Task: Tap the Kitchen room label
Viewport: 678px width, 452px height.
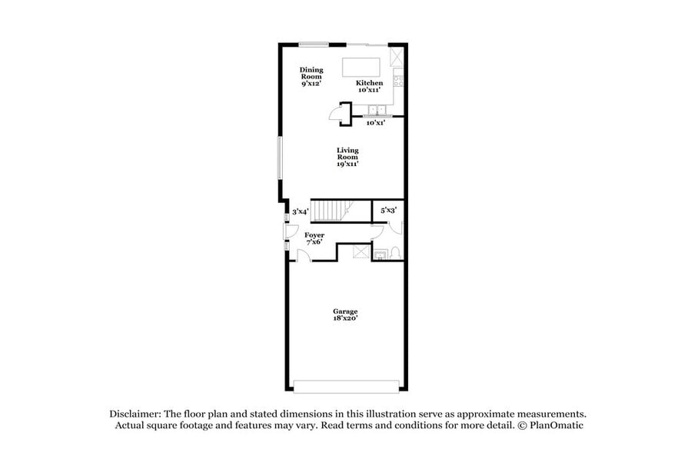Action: [x=369, y=83]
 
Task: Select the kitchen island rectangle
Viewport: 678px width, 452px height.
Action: [x=366, y=65]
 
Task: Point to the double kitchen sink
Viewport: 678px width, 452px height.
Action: [x=376, y=110]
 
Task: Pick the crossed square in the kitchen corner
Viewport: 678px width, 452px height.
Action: [x=397, y=56]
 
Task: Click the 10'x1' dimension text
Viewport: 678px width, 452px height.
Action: [x=375, y=123]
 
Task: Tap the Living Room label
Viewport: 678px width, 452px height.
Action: [x=347, y=157]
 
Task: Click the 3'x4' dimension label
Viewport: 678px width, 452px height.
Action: [x=300, y=211]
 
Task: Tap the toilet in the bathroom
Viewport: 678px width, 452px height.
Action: [x=394, y=251]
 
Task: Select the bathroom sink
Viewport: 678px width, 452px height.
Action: [x=378, y=251]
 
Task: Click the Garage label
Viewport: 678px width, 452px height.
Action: [x=344, y=311]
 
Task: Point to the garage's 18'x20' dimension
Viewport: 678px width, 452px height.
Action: [x=344, y=319]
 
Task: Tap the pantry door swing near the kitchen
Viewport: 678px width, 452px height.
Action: [x=337, y=115]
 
